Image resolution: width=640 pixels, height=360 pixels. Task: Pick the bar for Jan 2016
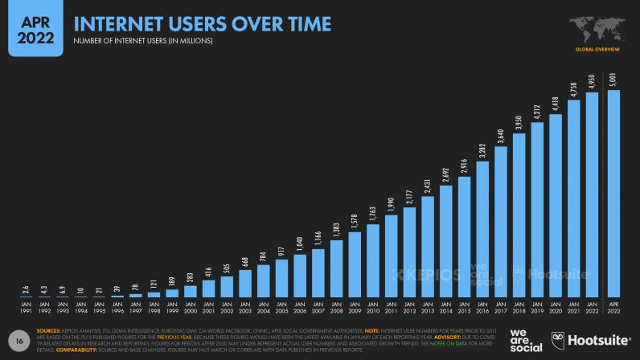[x=482, y=229]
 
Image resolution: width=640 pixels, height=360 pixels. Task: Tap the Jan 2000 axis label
[x=191, y=307]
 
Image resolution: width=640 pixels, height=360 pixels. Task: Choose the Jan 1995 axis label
[x=100, y=307]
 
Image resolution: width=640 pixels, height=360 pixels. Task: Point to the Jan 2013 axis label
[x=428, y=307]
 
